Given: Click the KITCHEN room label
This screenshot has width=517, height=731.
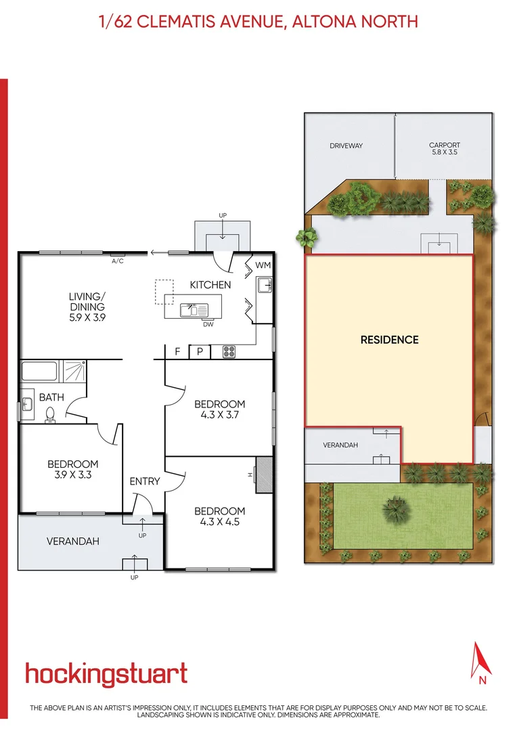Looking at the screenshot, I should pos(210,285).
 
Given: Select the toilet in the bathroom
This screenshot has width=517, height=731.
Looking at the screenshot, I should pos(50,414).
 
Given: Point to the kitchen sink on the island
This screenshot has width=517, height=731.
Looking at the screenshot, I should pos(192,310).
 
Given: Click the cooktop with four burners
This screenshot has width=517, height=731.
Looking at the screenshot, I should pos(229,351).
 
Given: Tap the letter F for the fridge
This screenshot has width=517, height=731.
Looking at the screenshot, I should pos(177,351).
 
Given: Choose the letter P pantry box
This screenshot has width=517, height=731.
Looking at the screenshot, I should pos(200,351).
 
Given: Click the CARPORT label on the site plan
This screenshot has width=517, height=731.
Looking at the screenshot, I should pos(445,146).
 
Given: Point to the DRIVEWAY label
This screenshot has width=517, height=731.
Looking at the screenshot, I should pos(346,146).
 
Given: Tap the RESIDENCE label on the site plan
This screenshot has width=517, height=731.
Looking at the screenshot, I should pos(389,340).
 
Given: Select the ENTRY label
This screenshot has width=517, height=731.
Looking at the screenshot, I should pos(145,481).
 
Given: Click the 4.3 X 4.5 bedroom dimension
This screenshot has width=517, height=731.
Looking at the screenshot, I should pos(219,522).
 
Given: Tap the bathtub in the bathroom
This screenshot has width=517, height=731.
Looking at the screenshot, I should pos(41,371).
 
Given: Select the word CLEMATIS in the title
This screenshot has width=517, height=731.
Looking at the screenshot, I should pos(182,22).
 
